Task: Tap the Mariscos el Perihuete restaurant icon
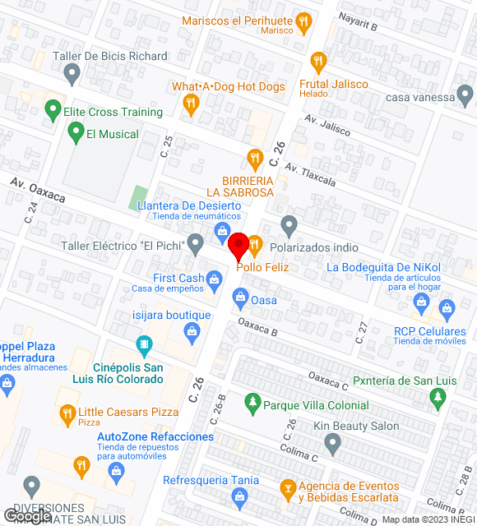304,23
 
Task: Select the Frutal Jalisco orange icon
318,62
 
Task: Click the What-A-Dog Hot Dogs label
228,86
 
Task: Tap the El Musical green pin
76,131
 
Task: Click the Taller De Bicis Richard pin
72,76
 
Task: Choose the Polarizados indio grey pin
289,224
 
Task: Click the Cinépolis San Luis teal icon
145,344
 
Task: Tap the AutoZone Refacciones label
155,436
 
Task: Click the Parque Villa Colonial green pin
252,403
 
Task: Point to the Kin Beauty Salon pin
332,445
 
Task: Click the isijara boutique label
172,315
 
